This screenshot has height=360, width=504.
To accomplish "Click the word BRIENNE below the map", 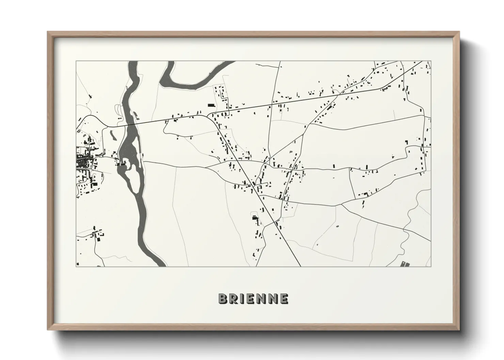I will [x=253, y=298].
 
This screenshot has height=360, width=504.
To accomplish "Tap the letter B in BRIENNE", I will [x=223, y=298].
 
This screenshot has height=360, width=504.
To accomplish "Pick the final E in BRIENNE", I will [x=284, y=298].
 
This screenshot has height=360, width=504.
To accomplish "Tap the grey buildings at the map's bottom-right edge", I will [x=405, y=264].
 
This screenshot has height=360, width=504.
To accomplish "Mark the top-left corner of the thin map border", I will [x=76, y=62].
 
